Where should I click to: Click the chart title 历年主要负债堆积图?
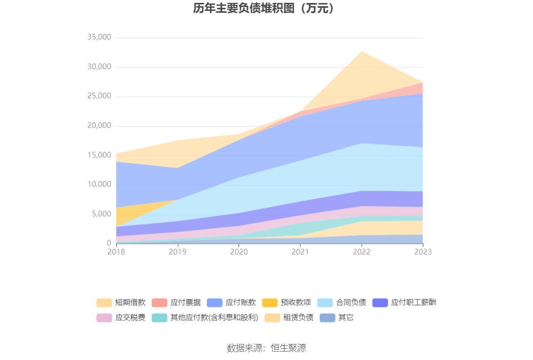pyautogui.click(x=266, y=8)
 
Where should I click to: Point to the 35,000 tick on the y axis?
pyautogui.click(x=99, y=37)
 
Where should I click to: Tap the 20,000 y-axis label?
pyautogui.click(x=99, y=125)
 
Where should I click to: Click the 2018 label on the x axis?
pyautogui.click(x=116, y=252)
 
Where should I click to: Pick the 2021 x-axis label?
pyautogui.click(x=300, y=252)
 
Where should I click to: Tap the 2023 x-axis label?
pyautogui.click(x=422, y=252)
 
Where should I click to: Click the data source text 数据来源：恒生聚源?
pyautogui.click(x=266, y=348)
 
